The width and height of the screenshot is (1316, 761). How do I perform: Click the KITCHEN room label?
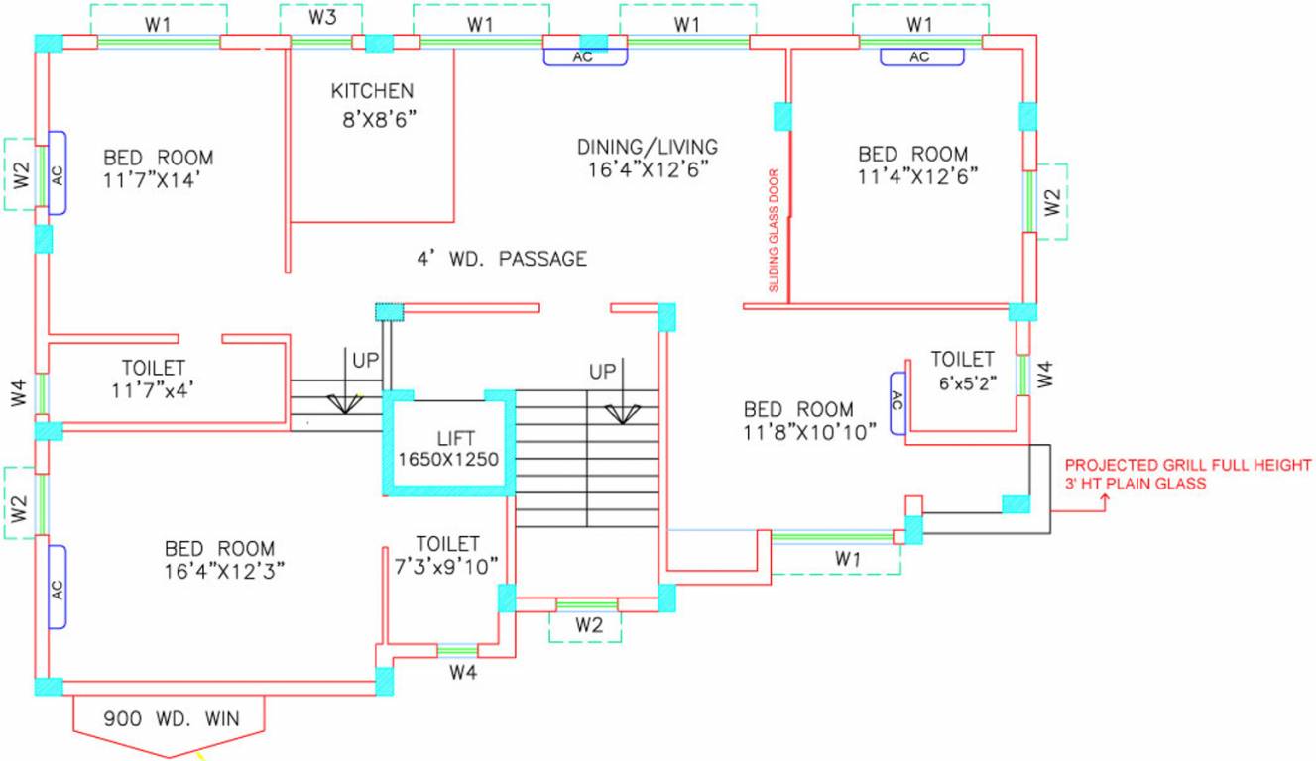(372, 91)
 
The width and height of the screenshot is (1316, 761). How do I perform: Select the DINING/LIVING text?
(648, 147)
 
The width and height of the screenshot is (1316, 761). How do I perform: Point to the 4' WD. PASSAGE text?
(502, 260)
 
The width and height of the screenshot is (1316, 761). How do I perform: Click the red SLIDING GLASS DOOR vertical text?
(775, 230)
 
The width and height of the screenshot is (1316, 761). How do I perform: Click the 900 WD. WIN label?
(170, 719)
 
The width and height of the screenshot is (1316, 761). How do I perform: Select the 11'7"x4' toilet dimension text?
(153, 390)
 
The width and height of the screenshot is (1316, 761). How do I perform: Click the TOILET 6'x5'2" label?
(962, 359)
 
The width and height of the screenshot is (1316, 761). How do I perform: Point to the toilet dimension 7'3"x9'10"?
(448, 567)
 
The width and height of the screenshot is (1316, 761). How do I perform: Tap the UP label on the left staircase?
(365, 358)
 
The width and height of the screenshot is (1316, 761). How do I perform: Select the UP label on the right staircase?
(602, 371)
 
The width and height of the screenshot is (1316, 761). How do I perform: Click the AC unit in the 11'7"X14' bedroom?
(58, 173)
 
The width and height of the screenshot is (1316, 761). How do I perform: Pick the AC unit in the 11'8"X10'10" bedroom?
(897, 402)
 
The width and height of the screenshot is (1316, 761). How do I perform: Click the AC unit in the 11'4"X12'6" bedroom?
(921, 56)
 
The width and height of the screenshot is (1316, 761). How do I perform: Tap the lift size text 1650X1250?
(448, 460)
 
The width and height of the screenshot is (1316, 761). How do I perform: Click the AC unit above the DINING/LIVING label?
(584, 57)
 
